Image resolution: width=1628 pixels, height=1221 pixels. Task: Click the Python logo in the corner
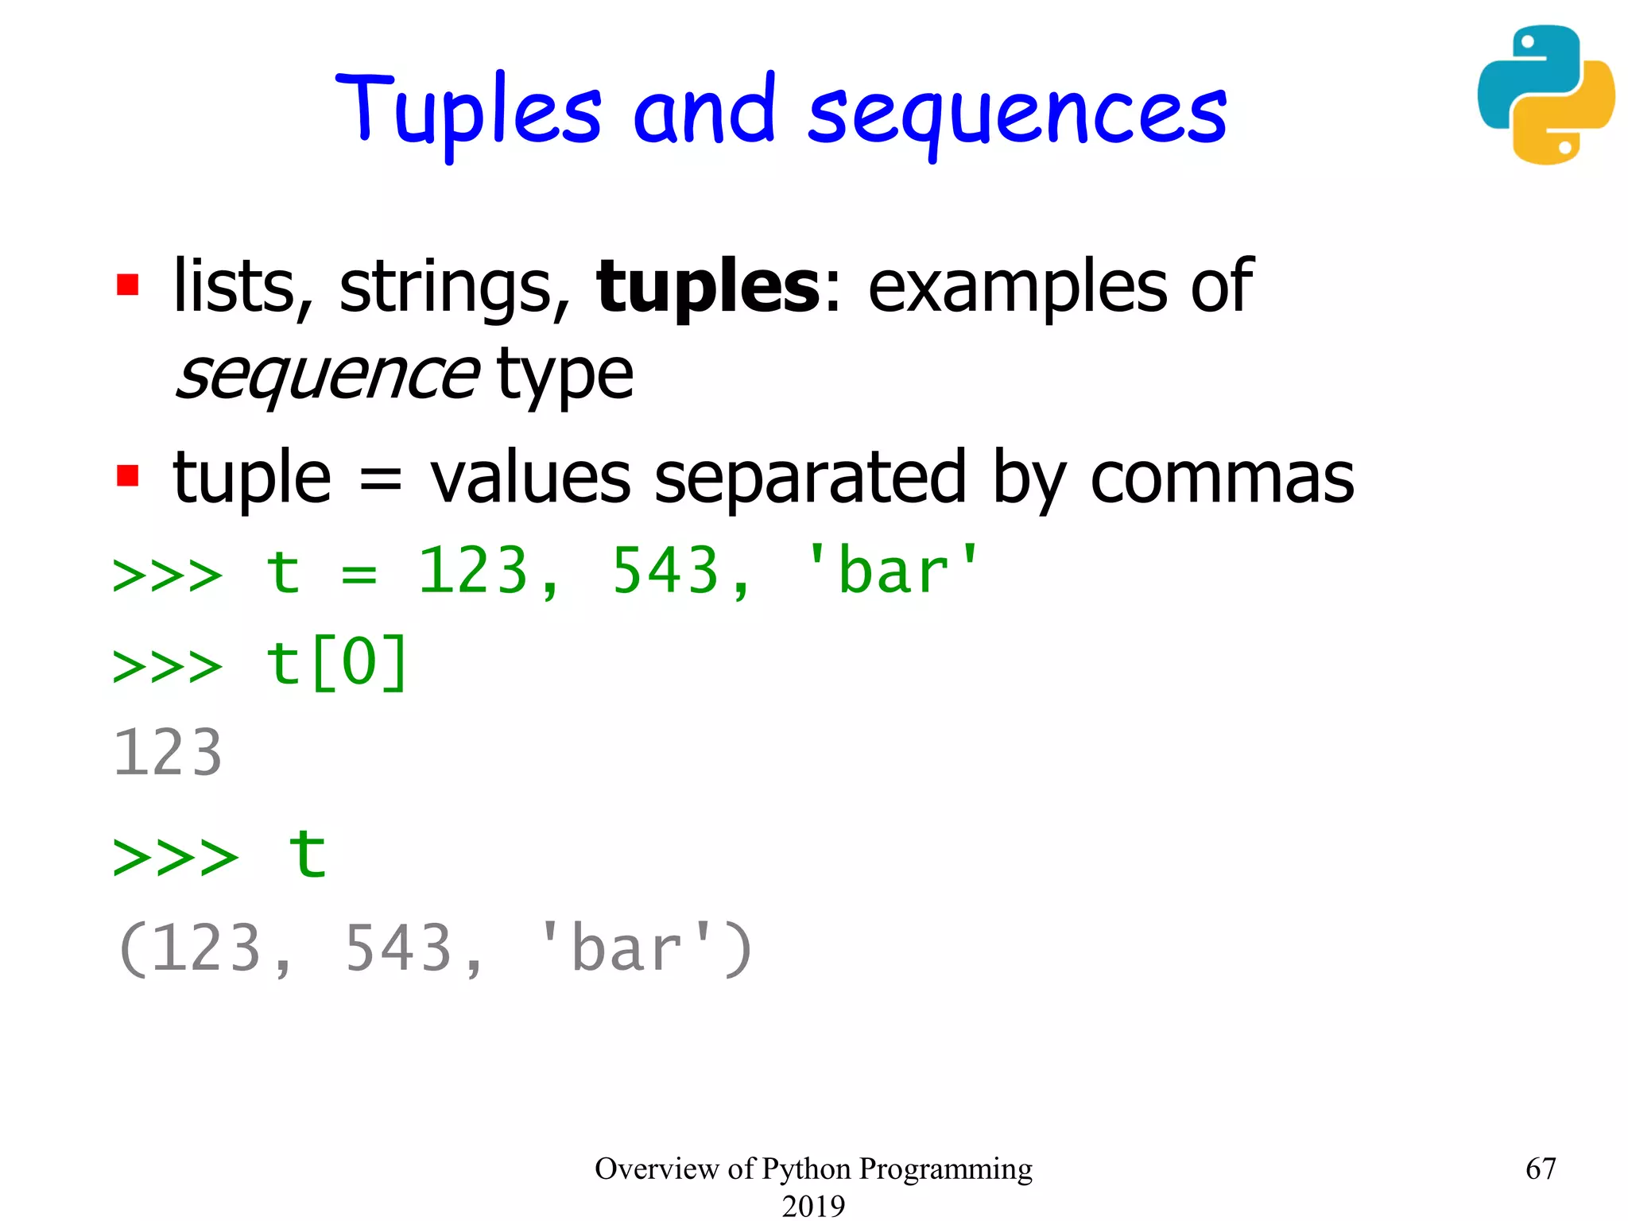[x=1545, y=95]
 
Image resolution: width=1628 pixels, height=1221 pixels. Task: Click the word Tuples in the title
[x=469, y=111]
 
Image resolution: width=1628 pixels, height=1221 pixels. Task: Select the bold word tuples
[x=707, y=286]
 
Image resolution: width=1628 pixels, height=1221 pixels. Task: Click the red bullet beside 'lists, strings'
[x=127, y=285]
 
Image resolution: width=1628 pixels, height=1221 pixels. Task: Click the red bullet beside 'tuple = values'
[x=127, y=475]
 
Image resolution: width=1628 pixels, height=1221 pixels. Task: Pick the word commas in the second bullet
[x=1222, y=479]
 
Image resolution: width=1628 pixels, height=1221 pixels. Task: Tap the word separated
[x=809, y=479]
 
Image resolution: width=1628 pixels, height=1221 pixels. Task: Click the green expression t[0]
[x=337, y=663]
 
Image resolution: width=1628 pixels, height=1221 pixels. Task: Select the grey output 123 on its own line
[x=168, y=753]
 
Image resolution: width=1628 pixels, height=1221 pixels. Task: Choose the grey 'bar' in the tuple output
[x=626, y=949]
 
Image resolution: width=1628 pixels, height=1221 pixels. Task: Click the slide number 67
[x=1541, y=1169]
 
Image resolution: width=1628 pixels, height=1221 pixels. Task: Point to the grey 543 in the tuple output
[x=398, y=949]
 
